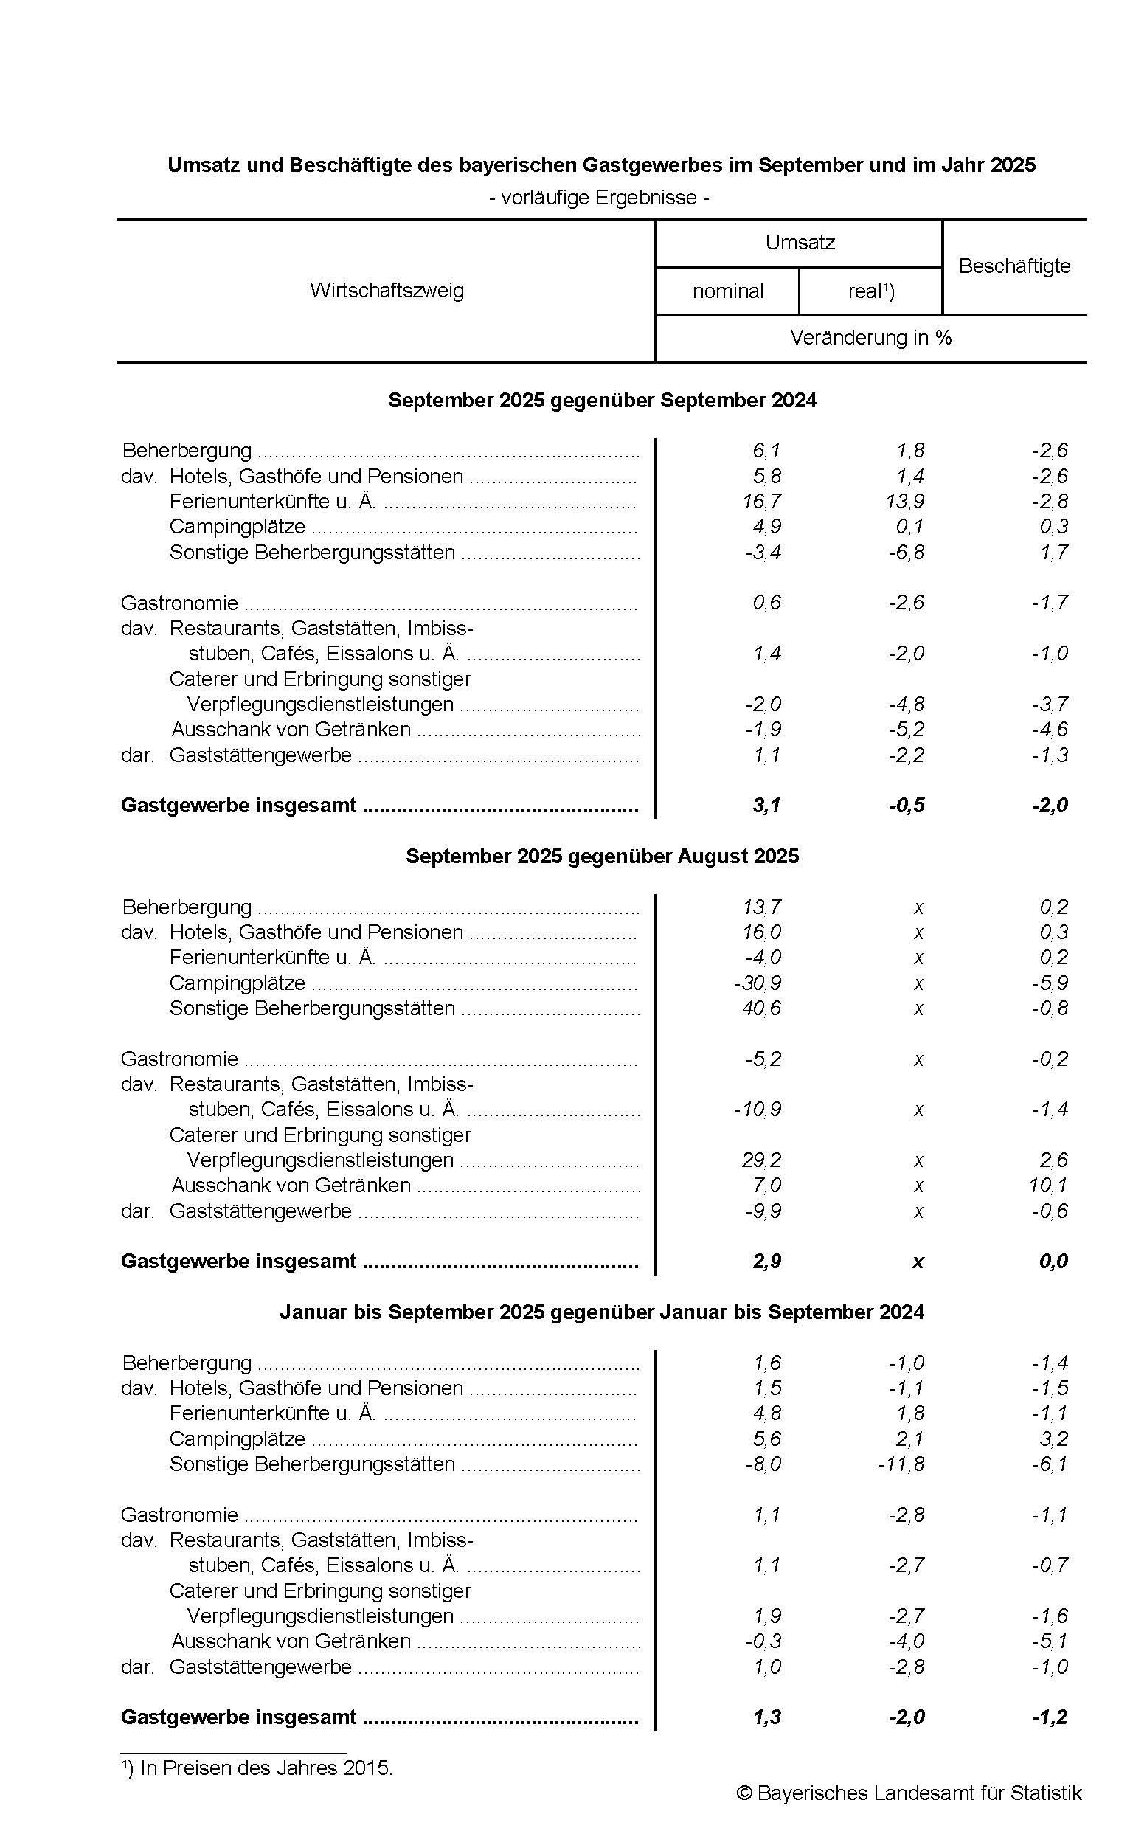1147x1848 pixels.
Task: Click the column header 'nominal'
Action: pyautogui.click(x=727, y=291)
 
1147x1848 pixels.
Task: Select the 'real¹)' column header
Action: pyautogui.click(x=871, y=291)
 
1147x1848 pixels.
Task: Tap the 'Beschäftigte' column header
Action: pyautogui.click(x=1014, y=266)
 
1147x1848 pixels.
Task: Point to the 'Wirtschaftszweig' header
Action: pyautogui.click(x=387, y=291)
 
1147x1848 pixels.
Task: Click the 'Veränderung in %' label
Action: pyautogui.click(x=870, y=338)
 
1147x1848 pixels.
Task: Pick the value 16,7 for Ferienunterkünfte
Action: pyautogui.click(x=763, y=502)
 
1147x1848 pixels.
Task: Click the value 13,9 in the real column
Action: pyautogui.click(x=907, y=502)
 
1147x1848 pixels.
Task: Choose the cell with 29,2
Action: pyautogui.click(x=763, y=1160)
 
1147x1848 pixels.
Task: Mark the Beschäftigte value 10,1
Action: pyautogui.click(x=1048, y=1185)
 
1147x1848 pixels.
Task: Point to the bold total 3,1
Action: pyautogui.click(x=766, y=806)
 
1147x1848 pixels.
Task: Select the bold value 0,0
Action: pyautogui.click(x=1054, y=1262)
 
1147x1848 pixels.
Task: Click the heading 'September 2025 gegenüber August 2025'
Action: pyautogui.click(x=603, y=856)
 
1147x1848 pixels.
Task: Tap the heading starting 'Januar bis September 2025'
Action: pyautogui.click(x=602, y=1312)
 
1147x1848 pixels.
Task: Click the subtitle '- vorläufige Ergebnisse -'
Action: pyautogui.click(x=599, y=198)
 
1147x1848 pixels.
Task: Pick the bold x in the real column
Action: pyautogui.click(x=918, y=1262)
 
